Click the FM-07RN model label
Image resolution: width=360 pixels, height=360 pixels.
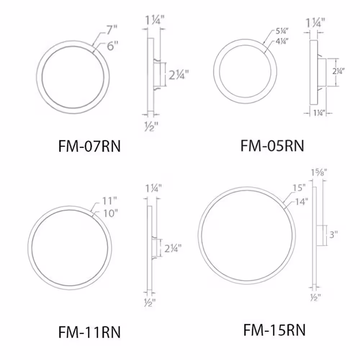(90, 146)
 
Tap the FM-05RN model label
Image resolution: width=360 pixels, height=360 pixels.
(272, 145)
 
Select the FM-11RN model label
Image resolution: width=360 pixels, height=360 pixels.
(90, 332)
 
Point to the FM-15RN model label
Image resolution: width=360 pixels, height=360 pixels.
(274, 330)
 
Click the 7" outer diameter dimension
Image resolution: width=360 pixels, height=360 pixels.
(112, 30)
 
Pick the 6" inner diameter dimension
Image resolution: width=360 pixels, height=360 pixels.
(112, 46)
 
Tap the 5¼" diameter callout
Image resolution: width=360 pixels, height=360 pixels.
(282, 31)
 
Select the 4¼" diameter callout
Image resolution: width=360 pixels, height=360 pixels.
(282, 41)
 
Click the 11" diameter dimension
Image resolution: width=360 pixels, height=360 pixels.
(109, 201)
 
